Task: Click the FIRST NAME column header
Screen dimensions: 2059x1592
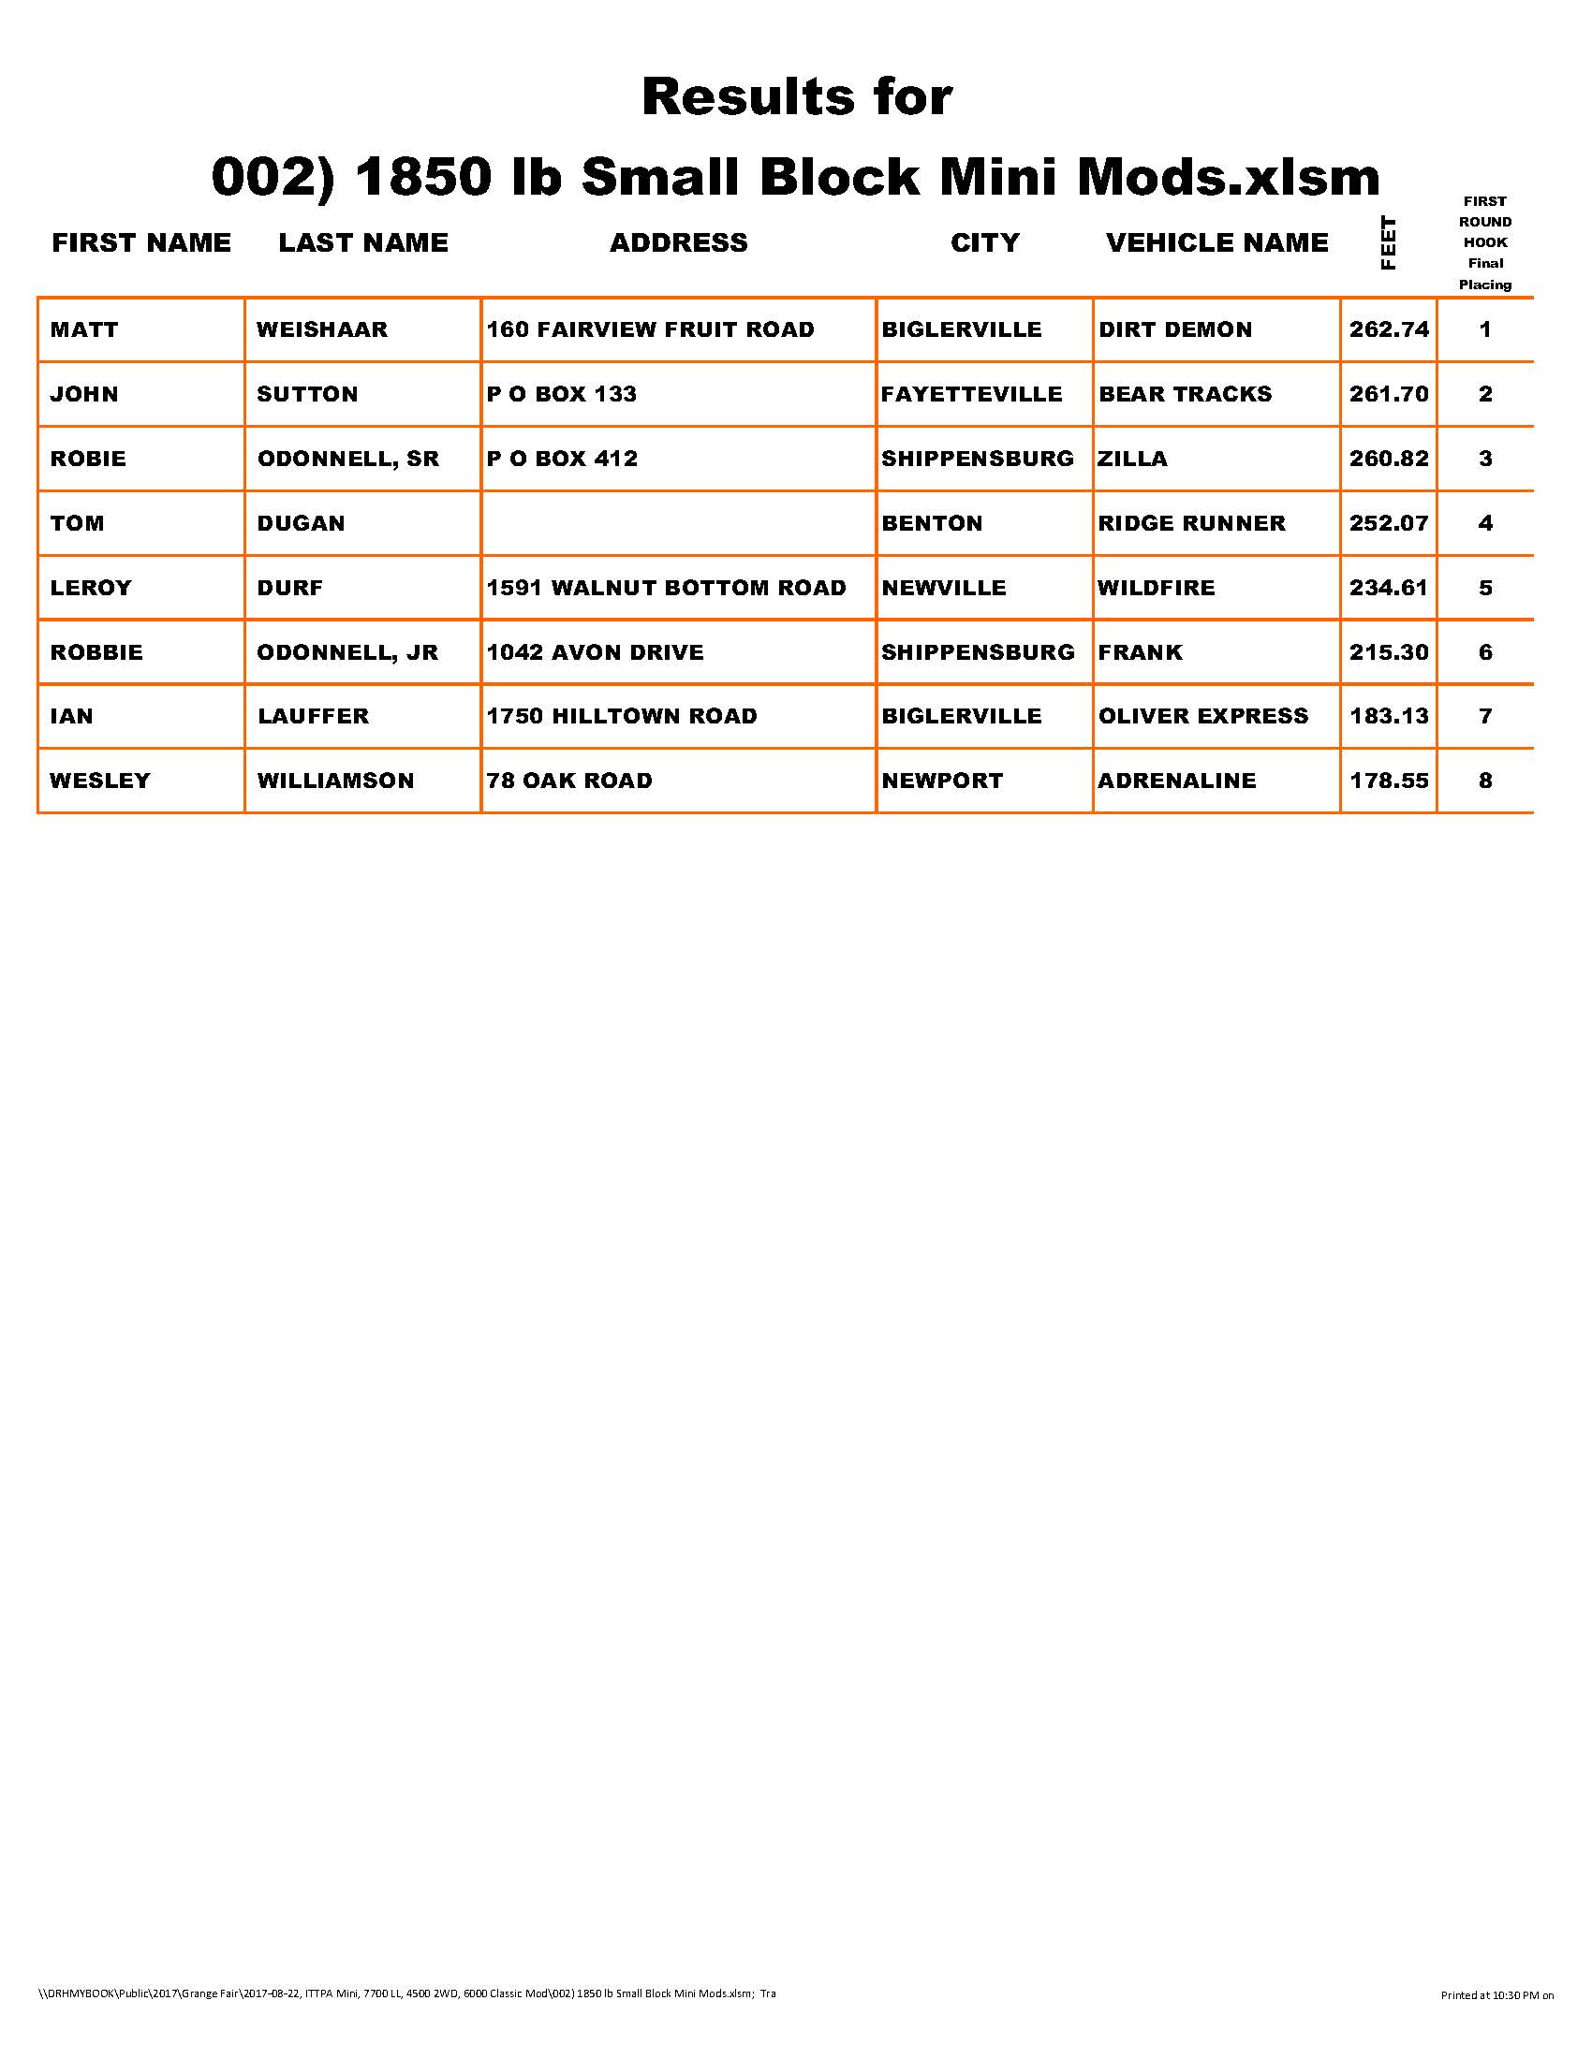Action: (141, 243)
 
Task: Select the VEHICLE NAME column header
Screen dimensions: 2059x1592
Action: (1216, 243)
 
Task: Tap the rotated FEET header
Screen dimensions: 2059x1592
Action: (1387, 243)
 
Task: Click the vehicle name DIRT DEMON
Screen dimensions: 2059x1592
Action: (1175, 330)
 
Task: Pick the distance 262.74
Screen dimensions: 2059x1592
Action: (1388, 330)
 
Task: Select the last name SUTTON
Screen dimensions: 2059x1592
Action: (307, 394)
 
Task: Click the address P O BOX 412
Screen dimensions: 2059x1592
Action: (562, 460)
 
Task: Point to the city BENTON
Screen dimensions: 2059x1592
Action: (932, 523)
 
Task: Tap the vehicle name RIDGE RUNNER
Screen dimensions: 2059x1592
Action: (1191, 523)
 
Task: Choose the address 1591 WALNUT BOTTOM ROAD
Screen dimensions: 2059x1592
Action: (666, 589)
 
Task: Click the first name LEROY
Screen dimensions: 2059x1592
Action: (91, 589)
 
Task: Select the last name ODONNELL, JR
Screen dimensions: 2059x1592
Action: (348, 652)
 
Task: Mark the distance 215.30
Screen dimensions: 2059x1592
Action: (1388, 652)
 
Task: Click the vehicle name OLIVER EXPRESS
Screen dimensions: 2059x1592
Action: (1203, 717)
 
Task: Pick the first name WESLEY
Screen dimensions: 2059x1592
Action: (100, 781)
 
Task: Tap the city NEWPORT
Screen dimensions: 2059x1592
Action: (942, 781)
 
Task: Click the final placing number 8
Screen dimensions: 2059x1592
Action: (1485, 781)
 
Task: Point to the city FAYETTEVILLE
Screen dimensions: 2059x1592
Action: (971, 394)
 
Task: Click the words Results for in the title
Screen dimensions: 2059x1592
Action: (797, 97)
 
